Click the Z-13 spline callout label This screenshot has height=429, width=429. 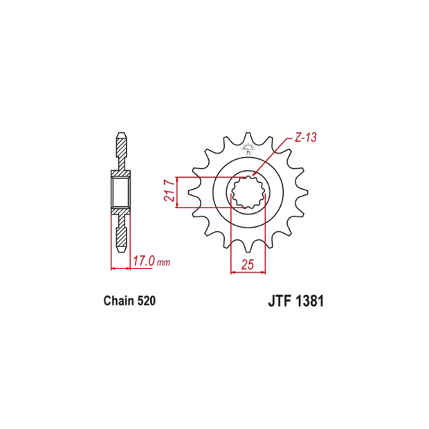304,138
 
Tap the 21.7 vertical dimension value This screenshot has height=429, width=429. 168,192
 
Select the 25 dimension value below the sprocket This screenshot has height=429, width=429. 247,264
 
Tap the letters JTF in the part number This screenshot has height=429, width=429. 277,302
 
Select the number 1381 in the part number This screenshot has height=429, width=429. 309,302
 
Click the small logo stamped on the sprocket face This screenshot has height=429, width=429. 248,147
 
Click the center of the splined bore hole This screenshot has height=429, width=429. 248,192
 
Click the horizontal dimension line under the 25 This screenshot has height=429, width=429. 248,272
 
